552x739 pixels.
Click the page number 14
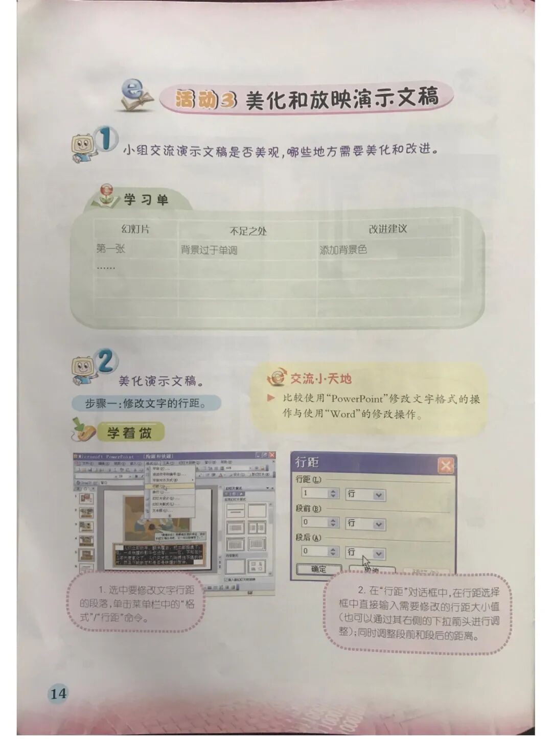58,694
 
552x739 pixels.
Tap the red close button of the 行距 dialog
445,466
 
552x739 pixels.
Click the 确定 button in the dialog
318,569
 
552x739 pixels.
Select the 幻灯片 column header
135,229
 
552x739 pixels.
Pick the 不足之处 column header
248,231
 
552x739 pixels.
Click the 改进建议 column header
388,229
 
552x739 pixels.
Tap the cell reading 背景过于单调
209,250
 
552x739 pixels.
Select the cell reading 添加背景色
343,250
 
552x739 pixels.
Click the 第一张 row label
110,249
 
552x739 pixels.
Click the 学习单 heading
146,200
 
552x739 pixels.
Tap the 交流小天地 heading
320,379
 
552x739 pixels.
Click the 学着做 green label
129,433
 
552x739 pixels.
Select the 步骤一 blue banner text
146,403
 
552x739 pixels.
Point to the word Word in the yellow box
342,414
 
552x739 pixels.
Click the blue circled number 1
106,140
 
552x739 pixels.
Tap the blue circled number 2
106,362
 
